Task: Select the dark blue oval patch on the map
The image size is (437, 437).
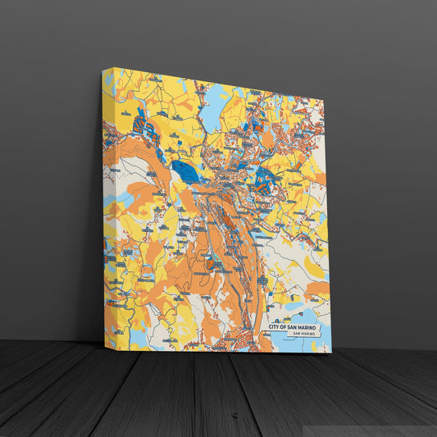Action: tap(187, 172)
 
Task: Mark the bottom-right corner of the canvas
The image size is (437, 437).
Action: tap(331, 353)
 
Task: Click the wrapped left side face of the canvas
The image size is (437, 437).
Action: tap(107, 205)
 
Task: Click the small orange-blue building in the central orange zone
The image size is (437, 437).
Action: tap(212, 262)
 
